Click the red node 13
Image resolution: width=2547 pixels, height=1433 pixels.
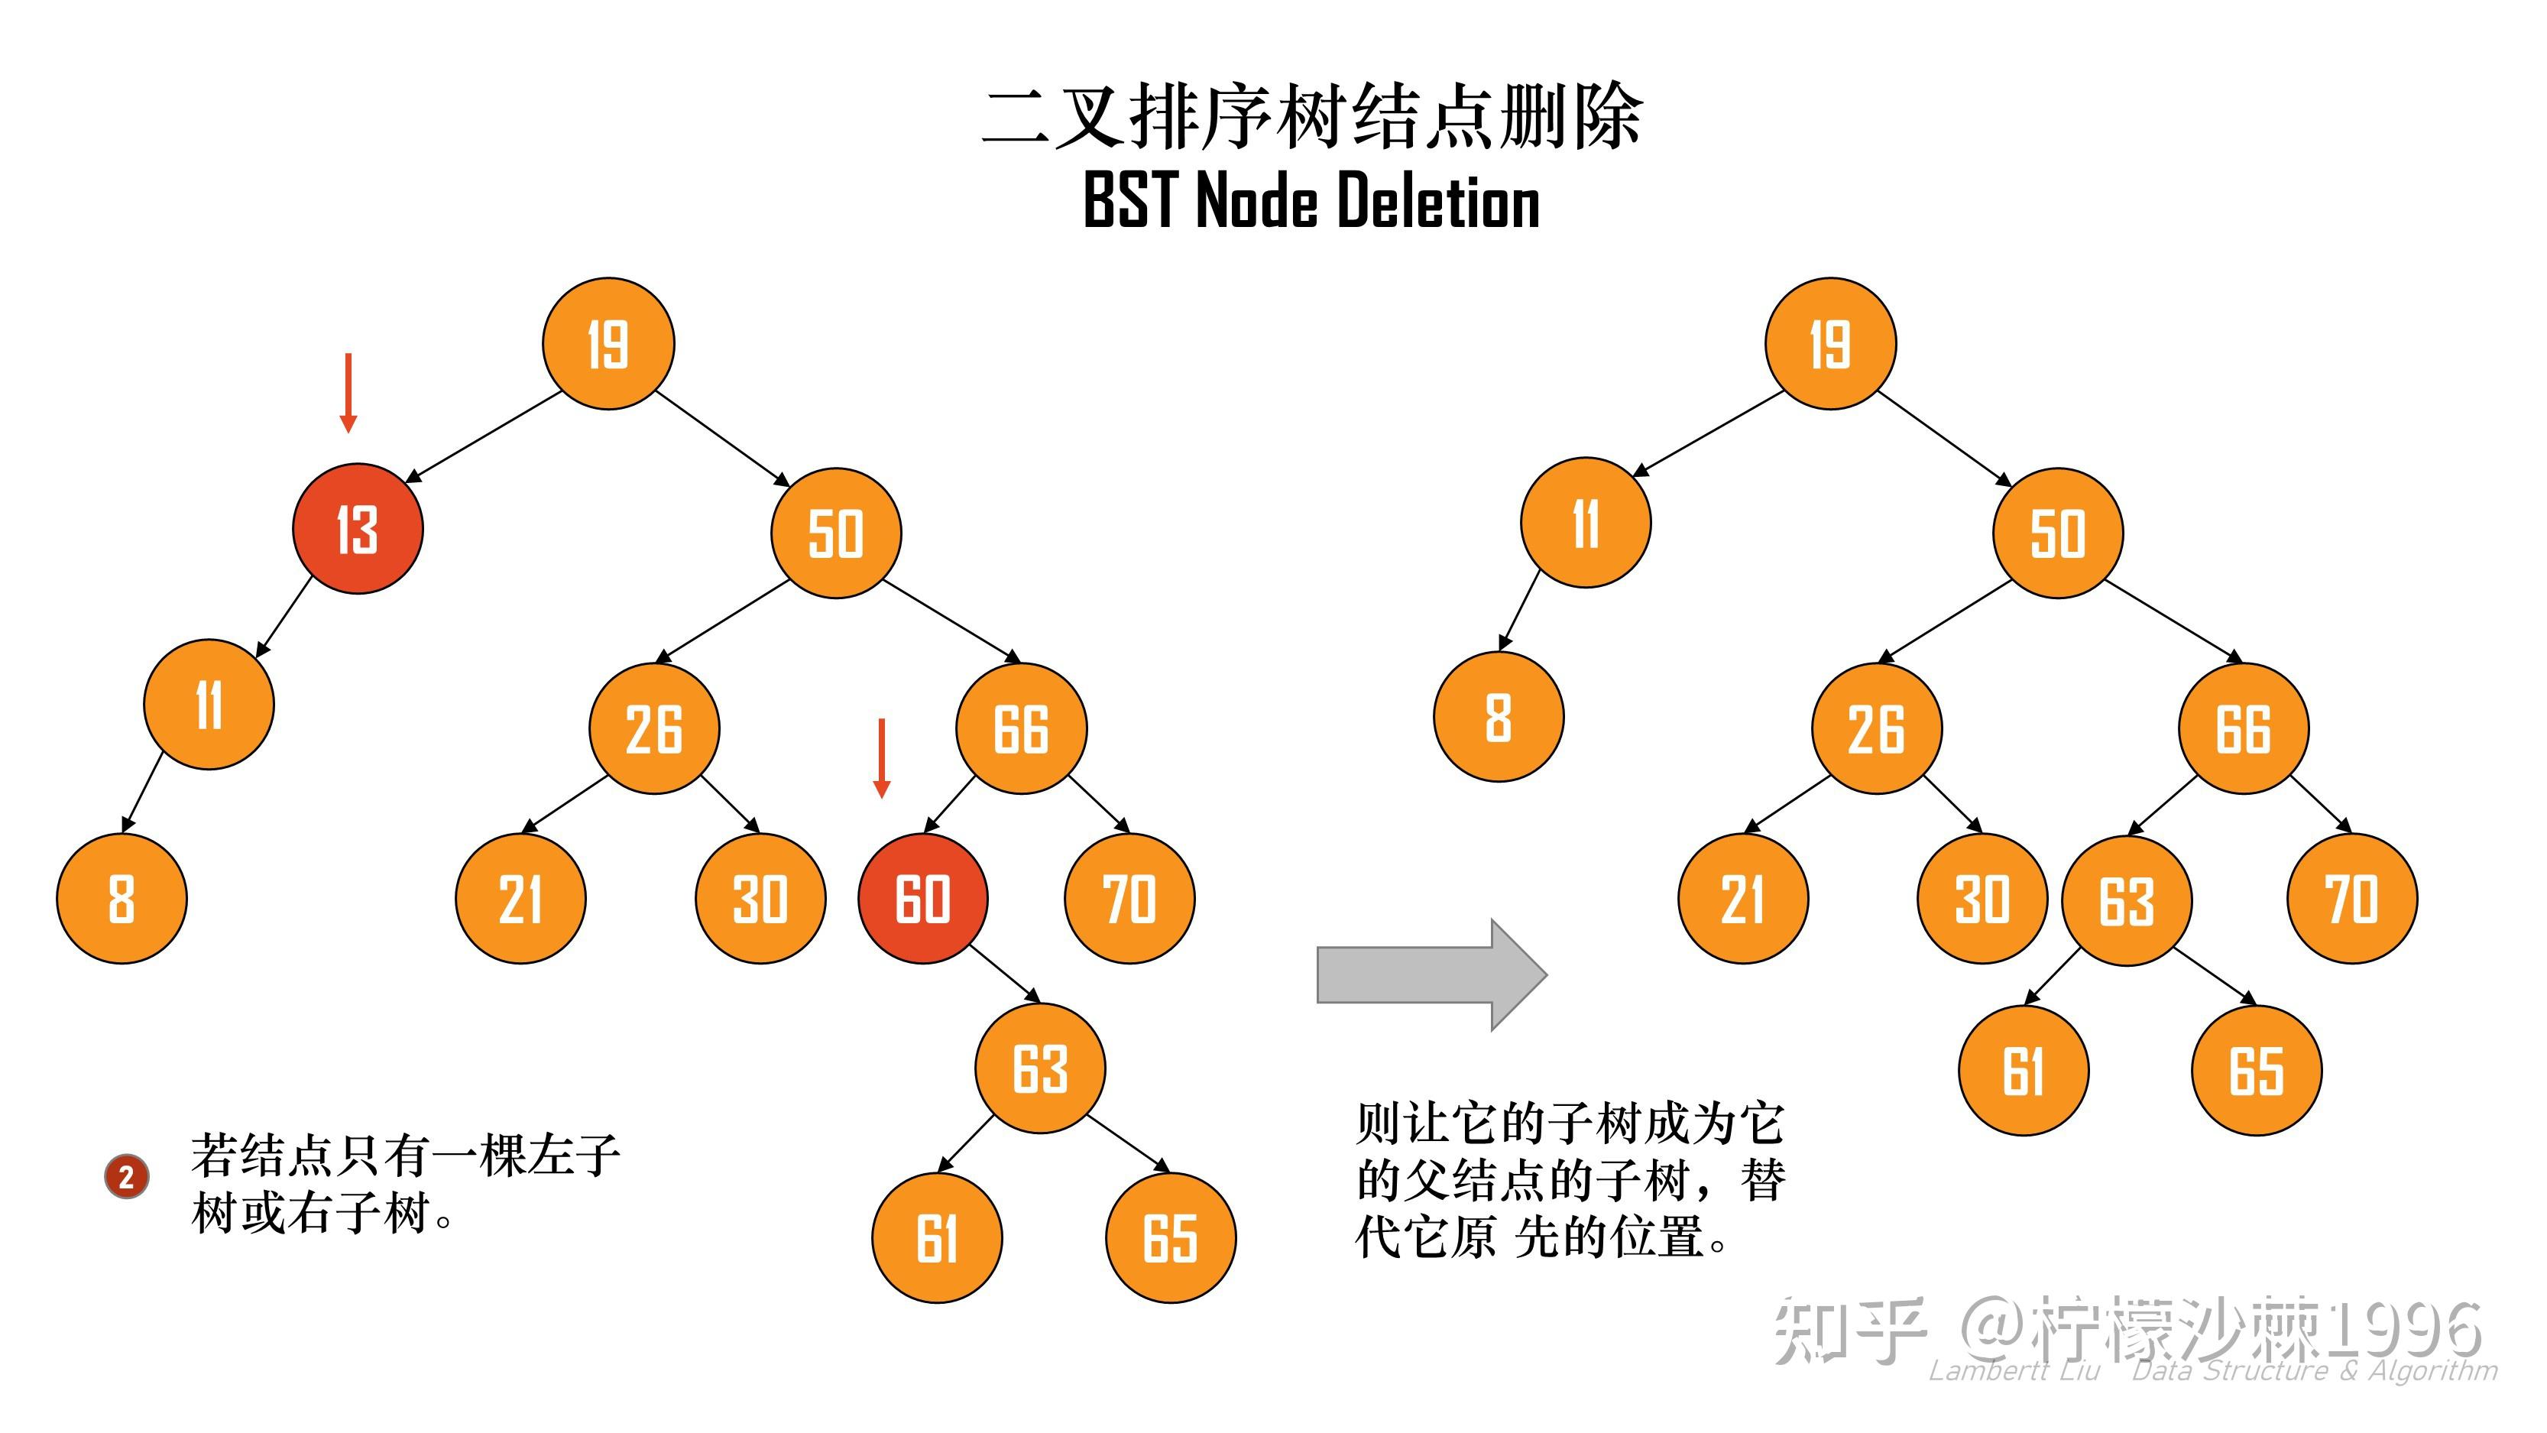pos(358,529)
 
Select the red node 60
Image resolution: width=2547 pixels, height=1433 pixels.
pos(922,899)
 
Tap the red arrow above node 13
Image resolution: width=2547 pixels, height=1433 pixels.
pos(348,393)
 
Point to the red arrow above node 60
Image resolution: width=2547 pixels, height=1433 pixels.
pos(882,757)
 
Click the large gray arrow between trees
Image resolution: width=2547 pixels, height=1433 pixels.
pos(1431,974)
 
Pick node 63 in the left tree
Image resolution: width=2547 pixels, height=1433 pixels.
pos(1040,1068)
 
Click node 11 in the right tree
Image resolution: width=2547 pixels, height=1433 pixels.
pos(1586,522)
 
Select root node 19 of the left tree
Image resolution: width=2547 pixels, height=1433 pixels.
pos(608,344)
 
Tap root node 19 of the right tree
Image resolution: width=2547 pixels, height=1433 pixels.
pos(1830,344)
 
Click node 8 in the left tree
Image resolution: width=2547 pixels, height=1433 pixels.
pos(122,899)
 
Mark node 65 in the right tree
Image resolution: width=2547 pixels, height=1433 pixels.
pos(2257,1071)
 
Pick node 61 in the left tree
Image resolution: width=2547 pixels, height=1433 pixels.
pos(936,1238)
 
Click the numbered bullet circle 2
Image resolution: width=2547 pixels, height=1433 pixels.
pos(127,1177)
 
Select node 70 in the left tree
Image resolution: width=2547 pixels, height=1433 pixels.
pos(1129,899)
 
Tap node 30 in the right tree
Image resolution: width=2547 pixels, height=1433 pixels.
pos(1982,899)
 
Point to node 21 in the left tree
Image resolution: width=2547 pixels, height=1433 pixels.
pos(520,899)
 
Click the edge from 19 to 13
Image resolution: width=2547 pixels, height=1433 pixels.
pos(484,437)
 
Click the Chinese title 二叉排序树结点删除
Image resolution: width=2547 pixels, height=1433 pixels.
pos(1311,118)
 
